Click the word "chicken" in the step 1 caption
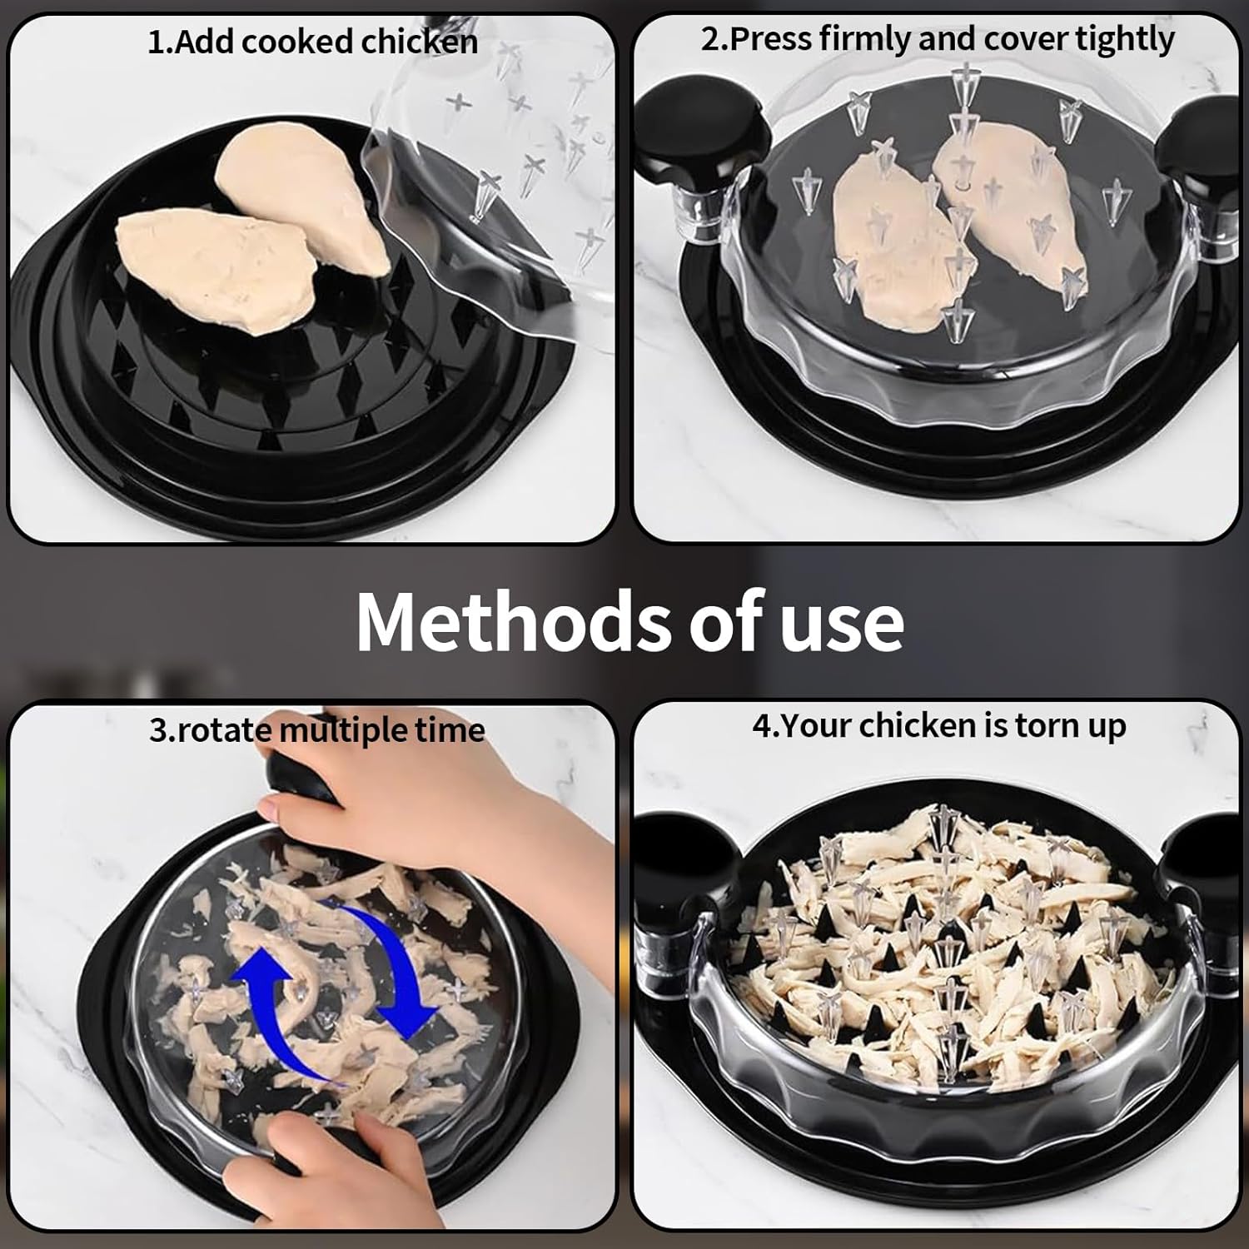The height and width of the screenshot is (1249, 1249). tap(419, 42)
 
